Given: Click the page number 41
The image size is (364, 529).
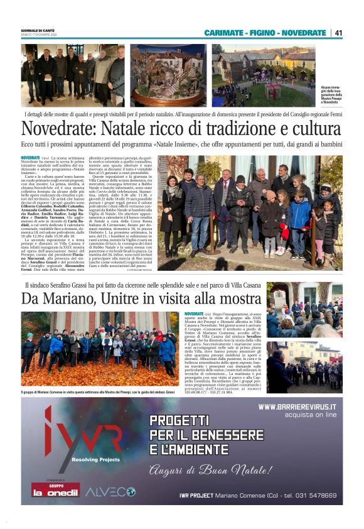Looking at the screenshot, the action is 338,33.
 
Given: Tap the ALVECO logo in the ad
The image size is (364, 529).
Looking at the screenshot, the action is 110,492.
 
